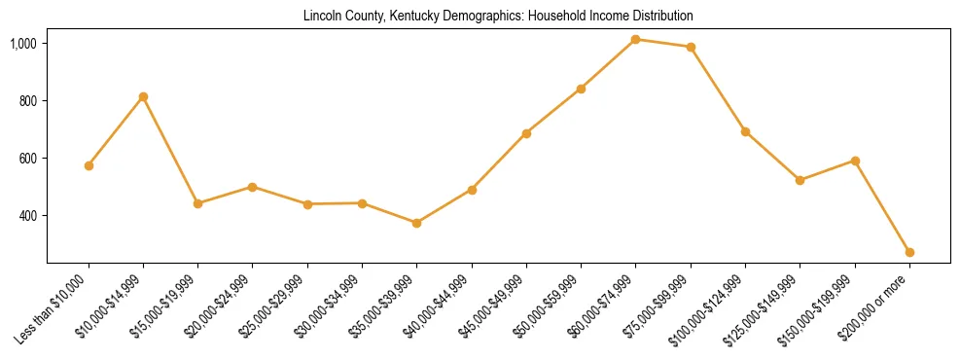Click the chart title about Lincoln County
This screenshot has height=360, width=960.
498,17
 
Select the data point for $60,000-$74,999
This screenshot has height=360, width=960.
635,40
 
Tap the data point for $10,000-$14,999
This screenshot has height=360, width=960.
143,97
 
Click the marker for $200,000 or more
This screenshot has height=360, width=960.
909,252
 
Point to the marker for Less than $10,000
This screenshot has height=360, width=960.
89,165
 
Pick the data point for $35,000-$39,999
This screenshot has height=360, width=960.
416,223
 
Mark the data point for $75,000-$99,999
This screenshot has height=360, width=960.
691,47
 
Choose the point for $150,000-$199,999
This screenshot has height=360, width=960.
855,161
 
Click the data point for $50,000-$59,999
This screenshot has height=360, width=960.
581,89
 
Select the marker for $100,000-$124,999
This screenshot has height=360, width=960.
745,131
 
